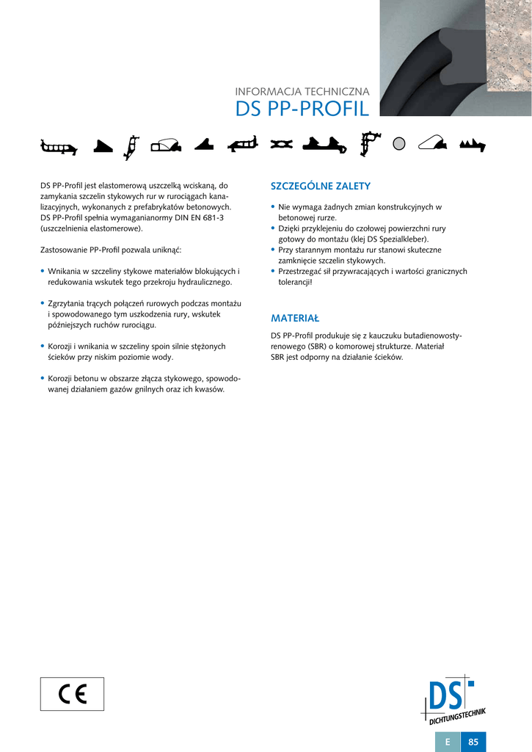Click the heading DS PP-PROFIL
tap(302, 109)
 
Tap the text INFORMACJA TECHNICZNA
tap(302, 92)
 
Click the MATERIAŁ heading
tap(295, 319)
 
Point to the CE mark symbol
tap(72, 694)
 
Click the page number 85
tap(473, 742)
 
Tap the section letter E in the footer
tap(448, 742)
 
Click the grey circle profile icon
tap(399, 145)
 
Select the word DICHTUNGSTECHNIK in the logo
tap(458, 717)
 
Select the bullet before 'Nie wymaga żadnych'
tap(273, 208)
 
